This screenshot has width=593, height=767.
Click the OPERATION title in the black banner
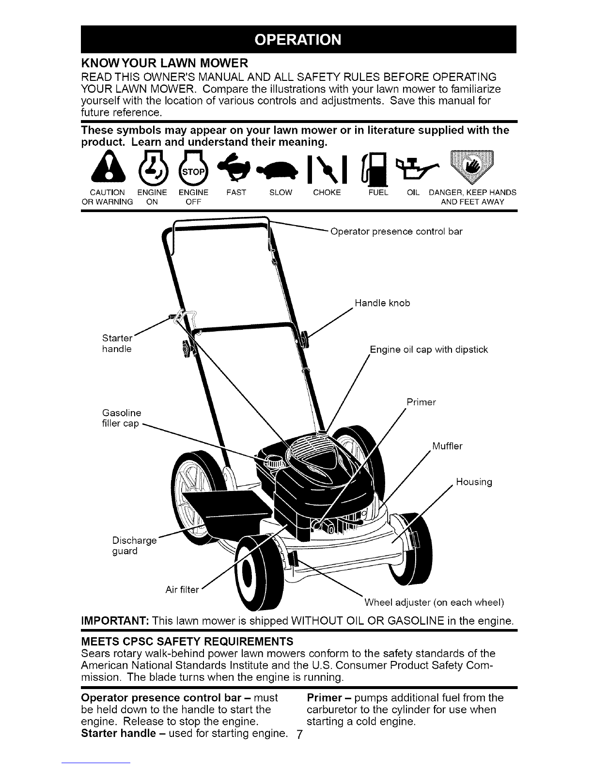[x=298, y=40]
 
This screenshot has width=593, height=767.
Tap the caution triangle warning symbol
[x=108, y=166]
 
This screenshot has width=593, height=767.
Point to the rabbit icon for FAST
[x=234, y=165]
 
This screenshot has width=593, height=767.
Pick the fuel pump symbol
[x=375, y=168]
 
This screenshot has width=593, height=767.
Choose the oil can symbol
[x=418, y=168]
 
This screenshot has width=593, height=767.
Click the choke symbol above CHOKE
[x=327, y=169]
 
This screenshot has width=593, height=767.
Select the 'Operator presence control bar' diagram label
[x=396, y=231]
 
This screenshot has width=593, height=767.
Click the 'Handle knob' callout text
[x=383, y=303]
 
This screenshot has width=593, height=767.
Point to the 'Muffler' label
[x=447, y=446]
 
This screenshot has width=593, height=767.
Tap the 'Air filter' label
[x=182, y=590]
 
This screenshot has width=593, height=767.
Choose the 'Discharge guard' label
[x=134, y=546]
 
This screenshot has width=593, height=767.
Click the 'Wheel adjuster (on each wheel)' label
[x=434, y=602]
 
